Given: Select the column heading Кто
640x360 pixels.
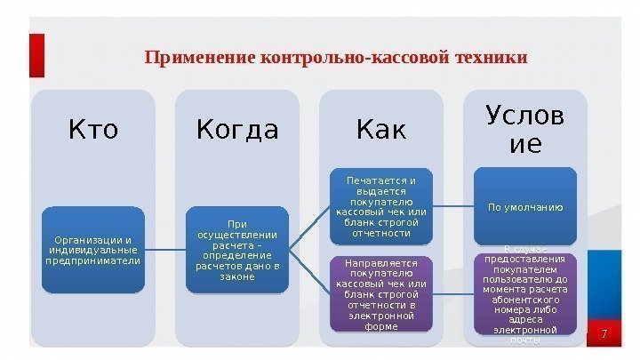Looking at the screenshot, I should (x=92, y=131).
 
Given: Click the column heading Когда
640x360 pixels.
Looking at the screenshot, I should (x=237, y=131).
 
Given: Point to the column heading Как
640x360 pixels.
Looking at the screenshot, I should (x=380, y=131).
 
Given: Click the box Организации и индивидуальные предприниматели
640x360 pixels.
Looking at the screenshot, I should (x=92, y=250).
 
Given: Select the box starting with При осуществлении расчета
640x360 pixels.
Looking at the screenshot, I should (x=237, y=250).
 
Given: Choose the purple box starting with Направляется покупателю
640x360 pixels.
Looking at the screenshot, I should (x=381, y=294).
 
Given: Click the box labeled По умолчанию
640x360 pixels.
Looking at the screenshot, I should (x=525, y=207).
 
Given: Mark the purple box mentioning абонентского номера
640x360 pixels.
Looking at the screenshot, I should (x=525, y=296).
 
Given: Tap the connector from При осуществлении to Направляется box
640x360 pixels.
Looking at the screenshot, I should (x=311, y=271).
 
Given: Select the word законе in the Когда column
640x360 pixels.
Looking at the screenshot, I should (x=237, y=276).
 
